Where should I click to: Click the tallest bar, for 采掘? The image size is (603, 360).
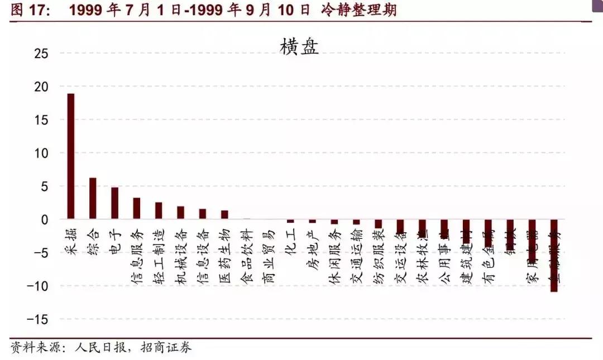point(71,156)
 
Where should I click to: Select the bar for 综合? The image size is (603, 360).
point(93,198)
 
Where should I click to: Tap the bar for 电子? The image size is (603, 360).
point(114,203)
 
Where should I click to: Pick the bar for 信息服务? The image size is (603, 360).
point(137,208)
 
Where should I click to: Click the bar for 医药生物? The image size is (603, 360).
point(224,215)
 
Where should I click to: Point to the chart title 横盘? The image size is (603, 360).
point(299,47)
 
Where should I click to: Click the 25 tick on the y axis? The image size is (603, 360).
point(41,54)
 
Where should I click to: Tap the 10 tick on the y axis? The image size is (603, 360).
point(41,153)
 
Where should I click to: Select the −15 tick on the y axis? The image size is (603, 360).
point(37,319)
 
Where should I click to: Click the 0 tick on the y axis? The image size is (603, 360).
point(45,219)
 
